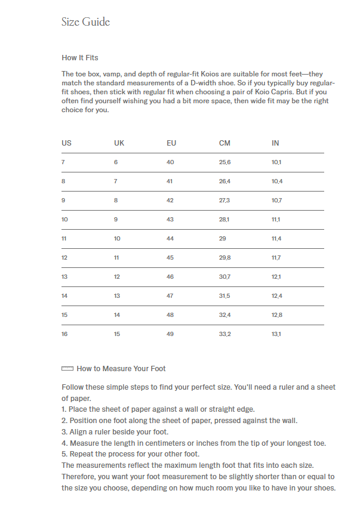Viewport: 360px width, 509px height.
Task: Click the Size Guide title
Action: (x=85, y=22)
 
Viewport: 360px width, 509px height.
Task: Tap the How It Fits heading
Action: (x=80, y=58)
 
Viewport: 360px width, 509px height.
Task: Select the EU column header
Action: (x=171, y=143)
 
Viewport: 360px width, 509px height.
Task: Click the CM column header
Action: (x=224, y=143)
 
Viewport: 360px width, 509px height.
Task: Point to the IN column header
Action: (x=275, y=143)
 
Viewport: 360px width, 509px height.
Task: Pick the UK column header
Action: (x=119, y=143)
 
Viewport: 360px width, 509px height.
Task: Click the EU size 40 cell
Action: (x=170, y=162)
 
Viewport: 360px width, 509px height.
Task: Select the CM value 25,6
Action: (x=224, y=162)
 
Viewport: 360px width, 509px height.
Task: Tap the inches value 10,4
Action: (x=277, y=181)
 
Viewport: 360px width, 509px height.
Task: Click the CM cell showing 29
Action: (x=223, y=239)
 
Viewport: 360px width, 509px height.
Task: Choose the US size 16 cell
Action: (x=64, y=334)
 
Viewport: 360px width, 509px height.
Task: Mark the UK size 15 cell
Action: (x=117, y=334)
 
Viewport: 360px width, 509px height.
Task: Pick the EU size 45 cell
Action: (x=170, y=258)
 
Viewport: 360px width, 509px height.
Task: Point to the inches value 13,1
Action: (x=276, y=334)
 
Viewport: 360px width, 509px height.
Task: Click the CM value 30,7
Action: (x=224, y=277)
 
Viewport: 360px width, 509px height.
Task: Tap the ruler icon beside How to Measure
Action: (x=67, y=369)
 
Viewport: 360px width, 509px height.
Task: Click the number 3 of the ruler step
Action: (x=63, y=431)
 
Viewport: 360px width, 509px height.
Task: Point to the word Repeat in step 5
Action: (x=81, y=454)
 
